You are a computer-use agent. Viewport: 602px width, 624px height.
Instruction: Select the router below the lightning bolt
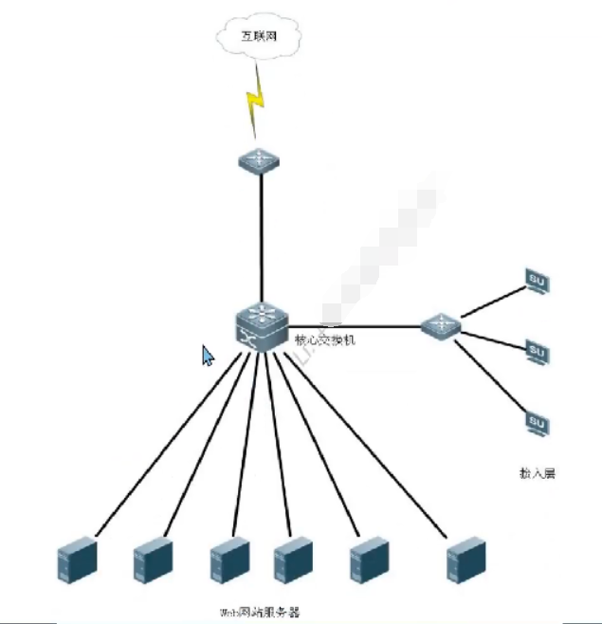point(259,158)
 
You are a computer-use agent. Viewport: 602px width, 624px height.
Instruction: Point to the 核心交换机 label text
point(324,339)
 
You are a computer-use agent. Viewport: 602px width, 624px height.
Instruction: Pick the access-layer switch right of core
point(440,326)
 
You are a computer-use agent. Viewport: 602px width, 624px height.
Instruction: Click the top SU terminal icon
point(537,282)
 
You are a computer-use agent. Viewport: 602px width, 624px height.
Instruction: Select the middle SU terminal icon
point(537,352)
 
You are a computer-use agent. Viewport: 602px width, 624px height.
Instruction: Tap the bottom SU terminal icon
point(537,422)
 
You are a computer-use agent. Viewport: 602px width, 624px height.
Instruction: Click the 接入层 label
point(537,471)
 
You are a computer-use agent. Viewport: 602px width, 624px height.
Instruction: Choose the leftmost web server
point(77,560)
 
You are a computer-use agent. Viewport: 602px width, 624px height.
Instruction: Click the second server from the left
point(153,560)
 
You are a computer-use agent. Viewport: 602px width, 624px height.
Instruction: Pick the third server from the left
point(229,560)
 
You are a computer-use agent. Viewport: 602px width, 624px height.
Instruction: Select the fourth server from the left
point(292,560)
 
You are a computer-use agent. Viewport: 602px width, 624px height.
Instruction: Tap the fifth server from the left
point(368,560)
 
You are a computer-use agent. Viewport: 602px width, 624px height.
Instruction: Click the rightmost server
point(466,559)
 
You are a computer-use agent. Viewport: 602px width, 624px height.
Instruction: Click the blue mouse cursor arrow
point(208,356)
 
